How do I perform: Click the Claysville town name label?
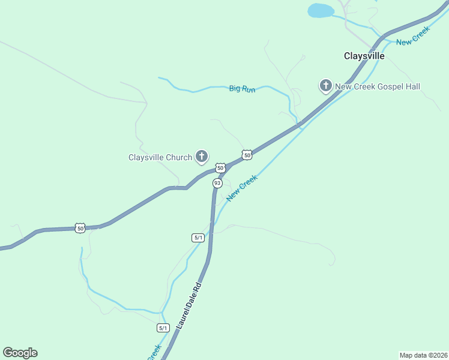tap(364, 56)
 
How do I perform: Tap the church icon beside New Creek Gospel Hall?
tap(325, 86)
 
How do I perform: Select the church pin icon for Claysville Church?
tap(202, 157)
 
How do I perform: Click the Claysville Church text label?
tap(160, 158)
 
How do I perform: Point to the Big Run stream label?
tap(243, 89)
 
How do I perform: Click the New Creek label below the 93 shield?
tap(242, 188)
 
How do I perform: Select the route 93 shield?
tap(217, 183)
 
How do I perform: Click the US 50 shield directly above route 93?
tap(220, 168)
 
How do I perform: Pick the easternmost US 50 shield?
tap(247, 155)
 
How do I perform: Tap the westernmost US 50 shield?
tap(80, 228)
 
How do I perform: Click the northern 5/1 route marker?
tap(199, 238)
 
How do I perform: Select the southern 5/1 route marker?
tap(163, 328)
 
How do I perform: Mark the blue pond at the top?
tap(321, 10)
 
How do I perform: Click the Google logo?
tap(20, 353)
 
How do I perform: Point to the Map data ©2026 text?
tap(423, 355)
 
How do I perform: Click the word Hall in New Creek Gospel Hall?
tap(412, 86)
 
